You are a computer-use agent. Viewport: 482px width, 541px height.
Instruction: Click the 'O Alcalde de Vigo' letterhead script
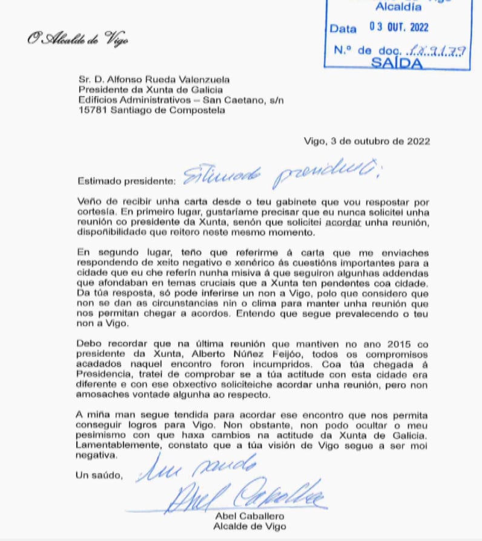[77, 40]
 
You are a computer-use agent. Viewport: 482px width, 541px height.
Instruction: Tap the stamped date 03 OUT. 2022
[398, 27]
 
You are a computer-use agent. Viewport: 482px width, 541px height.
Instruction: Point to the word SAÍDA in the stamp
[397, 63]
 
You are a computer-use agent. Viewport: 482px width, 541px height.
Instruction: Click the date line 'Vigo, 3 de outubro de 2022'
[367, 141]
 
